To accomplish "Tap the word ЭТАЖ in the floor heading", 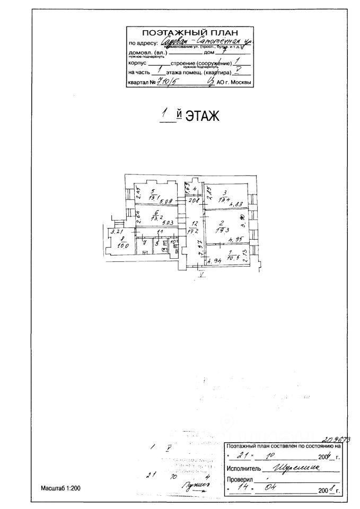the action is coord(202,116).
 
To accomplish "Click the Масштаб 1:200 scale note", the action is coord(60,488).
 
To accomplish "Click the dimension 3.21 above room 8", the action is coord(112,232).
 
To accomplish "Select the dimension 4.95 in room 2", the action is coord(235,239).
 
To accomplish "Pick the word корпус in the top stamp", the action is coord(137,63).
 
